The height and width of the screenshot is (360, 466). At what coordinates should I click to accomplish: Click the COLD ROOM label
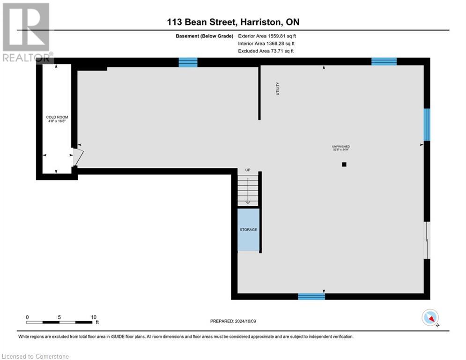[x=57, y=119]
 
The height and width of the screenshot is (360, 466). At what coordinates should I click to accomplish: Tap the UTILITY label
[x=277, y=89]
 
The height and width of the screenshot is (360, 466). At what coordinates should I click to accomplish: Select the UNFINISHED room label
[x=340, y=148]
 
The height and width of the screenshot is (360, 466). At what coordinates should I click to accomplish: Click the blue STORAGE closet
[x=248, y=230]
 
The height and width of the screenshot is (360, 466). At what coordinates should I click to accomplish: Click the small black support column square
[x=344, y=165]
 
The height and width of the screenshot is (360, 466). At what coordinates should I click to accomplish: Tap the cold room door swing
[x=77, y=157]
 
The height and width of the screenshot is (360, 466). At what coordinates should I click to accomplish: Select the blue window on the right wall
[x=427, y=125]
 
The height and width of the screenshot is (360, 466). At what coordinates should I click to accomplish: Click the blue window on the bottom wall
[x=311, y=296]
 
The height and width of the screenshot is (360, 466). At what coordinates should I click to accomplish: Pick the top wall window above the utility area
[x=188, y=62]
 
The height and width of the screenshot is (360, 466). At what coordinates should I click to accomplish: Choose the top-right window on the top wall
[x=384, y=61]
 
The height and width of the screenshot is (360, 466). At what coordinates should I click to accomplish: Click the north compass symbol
[x=429, y=318]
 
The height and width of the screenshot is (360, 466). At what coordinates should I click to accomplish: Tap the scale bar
[x=59, y=322]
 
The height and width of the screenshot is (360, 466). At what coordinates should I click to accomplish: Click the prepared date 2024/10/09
[x=233, y=321]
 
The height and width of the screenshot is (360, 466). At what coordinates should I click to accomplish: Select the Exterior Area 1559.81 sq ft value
[x=267, y=36]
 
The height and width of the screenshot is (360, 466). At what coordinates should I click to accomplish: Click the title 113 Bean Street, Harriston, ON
[x=233, y=22]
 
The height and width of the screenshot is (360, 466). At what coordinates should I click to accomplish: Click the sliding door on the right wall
[x=427, y=240]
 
